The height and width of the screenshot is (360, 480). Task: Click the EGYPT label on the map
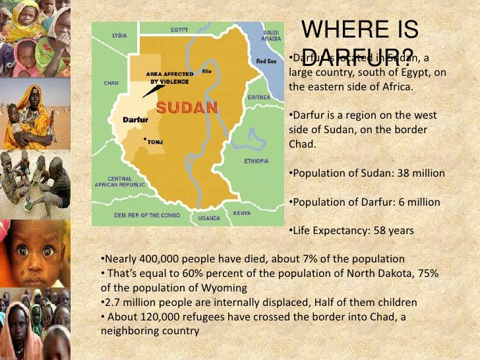click(179, 30)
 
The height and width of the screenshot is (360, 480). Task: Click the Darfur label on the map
click(135, 120)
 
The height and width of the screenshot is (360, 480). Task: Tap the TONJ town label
click(155, 140)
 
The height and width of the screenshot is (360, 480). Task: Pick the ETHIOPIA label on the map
click(256, 161)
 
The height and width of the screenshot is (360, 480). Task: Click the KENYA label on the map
click(242, 213)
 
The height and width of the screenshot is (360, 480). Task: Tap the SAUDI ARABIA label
click(271, 35)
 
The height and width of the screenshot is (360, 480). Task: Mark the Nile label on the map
click(207, 71)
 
